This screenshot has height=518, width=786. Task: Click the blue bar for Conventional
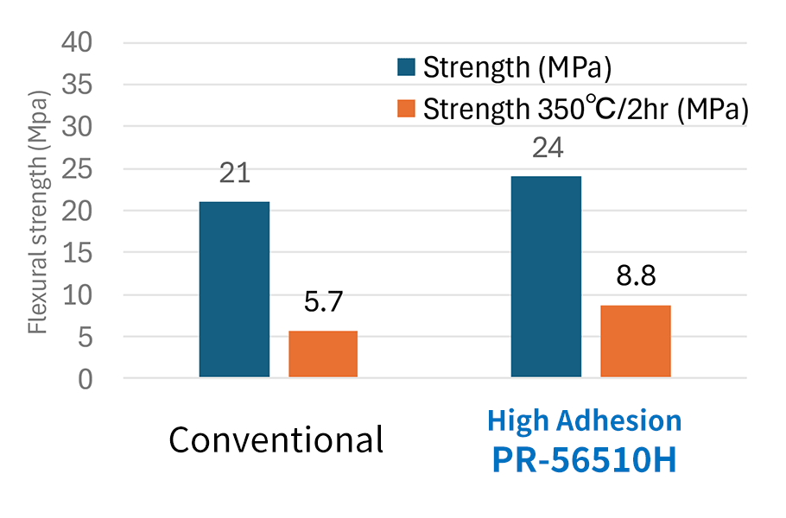pyautogui.click(x=234, y=289)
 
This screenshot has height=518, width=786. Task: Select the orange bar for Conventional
pyautogui.click(x=323, y=354)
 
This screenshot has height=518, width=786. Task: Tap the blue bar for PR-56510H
pyautogui.click(x=546, y=276)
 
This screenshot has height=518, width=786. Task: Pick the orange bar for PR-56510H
pyautogui.click(x=636, y=341)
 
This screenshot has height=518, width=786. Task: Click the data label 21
pyautogui.click(x=234, y=173)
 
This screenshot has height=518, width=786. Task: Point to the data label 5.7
pyautogui.click(x=324, y=302)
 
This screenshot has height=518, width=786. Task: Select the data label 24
pyautogui.click(x=547, y=148)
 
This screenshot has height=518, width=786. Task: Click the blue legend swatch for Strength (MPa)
pyautogui.click(x=407, y=66)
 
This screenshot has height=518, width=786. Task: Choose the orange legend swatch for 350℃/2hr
pyautogui.click(x=407, y=109)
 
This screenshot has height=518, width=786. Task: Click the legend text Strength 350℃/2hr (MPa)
pyautogui.click(x=585, y=110)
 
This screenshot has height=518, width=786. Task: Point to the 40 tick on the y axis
pyautogui.click(x=86, y=42)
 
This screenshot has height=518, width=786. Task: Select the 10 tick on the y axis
pyautogui.click(x=86, y=294)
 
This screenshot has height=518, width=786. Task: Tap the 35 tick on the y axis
pyautogui.click(x=86, y=85)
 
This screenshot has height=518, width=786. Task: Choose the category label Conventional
pyautogui.click(x=276, y=440)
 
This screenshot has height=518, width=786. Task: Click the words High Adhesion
pyautogui.click(x=585, y=420)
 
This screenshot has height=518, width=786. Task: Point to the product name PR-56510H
pyautogui.click(x=585, y=459)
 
